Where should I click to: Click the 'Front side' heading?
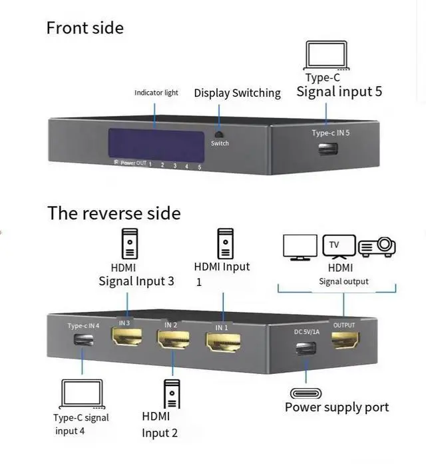tap(85, 28)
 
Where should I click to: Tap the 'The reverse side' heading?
tap(114, 213)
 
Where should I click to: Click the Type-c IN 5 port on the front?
tap(327, 148)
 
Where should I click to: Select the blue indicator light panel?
tap(156, 145)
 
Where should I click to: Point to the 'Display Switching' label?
tap(237, 93)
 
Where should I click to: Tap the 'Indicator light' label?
tap(156, 93)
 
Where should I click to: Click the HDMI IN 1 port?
tap(223, 343)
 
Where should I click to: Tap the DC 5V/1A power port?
tap(306, 348)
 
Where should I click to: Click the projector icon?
tap(377, 247)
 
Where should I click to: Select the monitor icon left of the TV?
tap(300, 247)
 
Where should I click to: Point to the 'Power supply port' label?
tap(337, 407)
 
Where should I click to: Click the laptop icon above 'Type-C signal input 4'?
tap(82, 393)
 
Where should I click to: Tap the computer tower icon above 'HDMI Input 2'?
tap(172, 393)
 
